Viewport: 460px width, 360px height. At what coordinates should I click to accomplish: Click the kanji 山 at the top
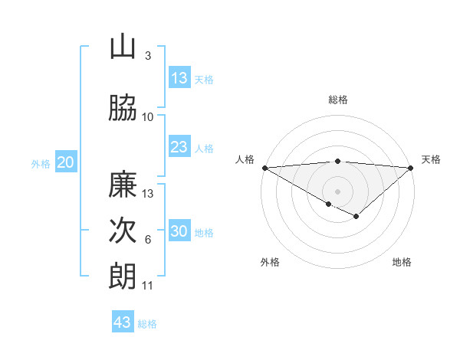(x=123, y=47)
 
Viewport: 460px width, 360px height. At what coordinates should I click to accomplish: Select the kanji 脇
(x=123, y=108)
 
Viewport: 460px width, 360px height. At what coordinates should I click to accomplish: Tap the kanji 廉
(x=123, y=185)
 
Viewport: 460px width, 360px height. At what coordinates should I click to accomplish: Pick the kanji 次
(x=123, y=231)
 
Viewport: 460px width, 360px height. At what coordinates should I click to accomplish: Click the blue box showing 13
(x=179, y=77)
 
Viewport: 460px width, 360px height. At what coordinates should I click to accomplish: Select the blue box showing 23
(x=179, y=147)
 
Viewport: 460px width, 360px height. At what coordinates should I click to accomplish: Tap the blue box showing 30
(x=179, y=231)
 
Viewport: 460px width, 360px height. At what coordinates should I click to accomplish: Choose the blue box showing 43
(x=123, y=322)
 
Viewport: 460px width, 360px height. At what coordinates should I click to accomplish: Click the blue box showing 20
(x=66, y=162)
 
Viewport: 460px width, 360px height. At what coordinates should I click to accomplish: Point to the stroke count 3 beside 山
(x=148, y=56)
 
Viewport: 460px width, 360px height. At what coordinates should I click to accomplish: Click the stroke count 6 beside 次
(x=148, y=240)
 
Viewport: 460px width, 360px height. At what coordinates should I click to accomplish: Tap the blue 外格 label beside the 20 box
(x=41, y=163)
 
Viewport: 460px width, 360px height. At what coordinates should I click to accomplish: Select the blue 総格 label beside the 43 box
(x=147, y=324)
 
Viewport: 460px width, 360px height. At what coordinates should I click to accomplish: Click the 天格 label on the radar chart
(x=431, y=159)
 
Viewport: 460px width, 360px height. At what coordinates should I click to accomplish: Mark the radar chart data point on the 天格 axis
(x=411, y=167)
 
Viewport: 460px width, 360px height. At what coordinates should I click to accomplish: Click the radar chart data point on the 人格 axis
(x=264, y=167)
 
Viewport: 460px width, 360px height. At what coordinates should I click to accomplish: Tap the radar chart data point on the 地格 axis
(x=356, y=216)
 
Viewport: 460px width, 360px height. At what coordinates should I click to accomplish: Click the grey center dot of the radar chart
(x=337, y=191)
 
